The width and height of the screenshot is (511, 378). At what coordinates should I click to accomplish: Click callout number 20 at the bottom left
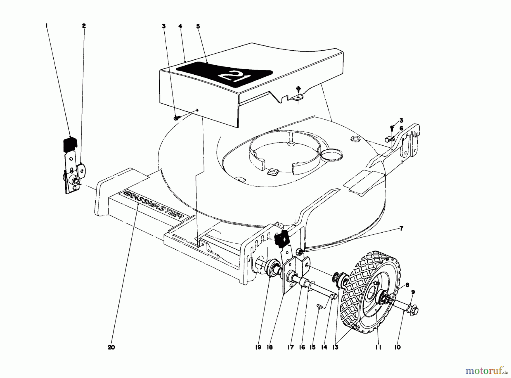[111, 347]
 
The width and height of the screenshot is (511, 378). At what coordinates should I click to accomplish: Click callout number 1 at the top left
[46, 26]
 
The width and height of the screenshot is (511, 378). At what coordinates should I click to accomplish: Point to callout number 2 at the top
[84, 26]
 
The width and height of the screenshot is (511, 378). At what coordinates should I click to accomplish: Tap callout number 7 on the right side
[401, 229]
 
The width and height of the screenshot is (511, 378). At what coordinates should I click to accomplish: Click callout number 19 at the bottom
[258, 347]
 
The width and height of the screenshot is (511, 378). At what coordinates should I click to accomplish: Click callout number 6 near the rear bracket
[401, 128]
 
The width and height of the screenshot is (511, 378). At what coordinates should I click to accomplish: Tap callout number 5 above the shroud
[198, 26]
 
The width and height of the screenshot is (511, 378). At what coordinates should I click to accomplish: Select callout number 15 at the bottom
[313, 347]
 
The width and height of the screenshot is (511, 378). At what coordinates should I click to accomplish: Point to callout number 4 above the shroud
[180, 26]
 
